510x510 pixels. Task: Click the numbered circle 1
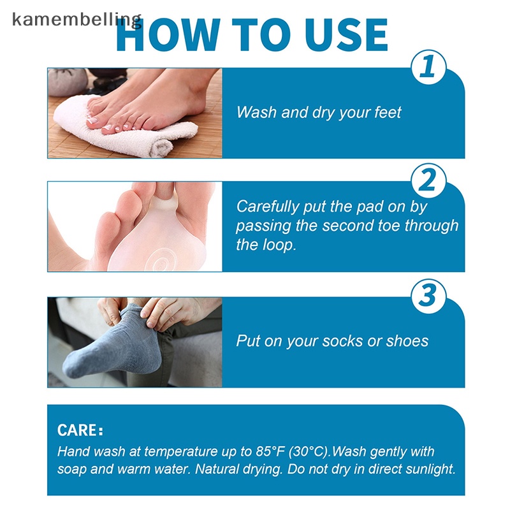[x=428, y=67]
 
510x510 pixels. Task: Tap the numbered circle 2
[x=428, y=180]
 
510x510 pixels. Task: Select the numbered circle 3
[x=428, y=296]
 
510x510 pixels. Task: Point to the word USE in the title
[x=346, y=34]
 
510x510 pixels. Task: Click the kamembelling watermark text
[x=76, y=20]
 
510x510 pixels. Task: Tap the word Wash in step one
[x=257, y=112]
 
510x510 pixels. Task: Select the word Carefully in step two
[x=267, y=207]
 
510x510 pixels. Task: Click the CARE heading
[x=80, y=430]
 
